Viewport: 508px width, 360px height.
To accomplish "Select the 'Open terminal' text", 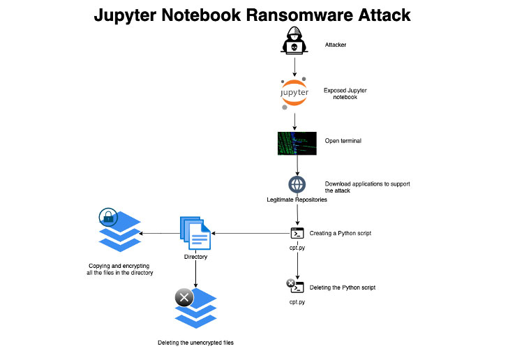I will (343, 141).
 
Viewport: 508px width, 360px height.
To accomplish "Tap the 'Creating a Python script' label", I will (341, 232).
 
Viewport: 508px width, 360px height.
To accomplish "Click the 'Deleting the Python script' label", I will (343, 287).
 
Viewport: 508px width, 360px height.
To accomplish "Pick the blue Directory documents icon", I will (196, 234).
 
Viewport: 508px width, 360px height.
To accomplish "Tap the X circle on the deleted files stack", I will (184, 298).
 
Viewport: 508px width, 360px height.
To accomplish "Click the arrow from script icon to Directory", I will (251, 233).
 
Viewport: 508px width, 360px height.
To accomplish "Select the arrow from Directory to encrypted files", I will (160, 233).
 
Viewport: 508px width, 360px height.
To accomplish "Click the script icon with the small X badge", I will (296, 287).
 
